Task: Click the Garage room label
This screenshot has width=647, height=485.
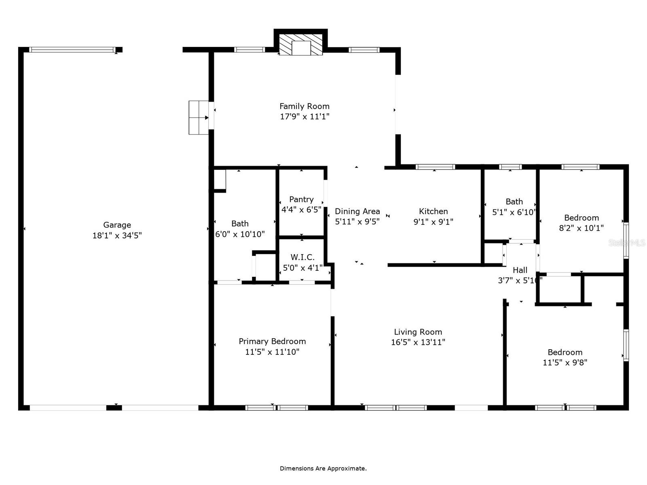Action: click(x=117, y=225)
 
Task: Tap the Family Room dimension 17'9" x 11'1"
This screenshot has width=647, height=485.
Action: click(x=304, y=117)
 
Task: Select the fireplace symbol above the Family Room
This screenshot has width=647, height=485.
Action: click(x=301, y=44)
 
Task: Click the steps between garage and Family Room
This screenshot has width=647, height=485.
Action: click(x=199, y=118)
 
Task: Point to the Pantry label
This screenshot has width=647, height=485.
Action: click(x=301, y=199)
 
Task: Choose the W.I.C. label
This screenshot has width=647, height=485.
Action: click(x=302, y=257)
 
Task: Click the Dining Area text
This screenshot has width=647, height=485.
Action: click(x=357, y=211)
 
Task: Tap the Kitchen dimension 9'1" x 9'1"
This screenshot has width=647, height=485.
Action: click(x=433, y=222)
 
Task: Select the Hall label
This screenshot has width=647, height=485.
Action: click(x=520, y=270)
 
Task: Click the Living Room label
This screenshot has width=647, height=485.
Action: click(x=418, y=332)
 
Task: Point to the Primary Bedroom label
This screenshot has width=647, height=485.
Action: click(x=272, y=341)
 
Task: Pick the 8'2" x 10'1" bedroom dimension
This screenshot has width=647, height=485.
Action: click(x=581, y=228)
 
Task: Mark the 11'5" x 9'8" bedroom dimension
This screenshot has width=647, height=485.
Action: click(x=565, y=363)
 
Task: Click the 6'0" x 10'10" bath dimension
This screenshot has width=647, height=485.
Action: click(x=240, y=234)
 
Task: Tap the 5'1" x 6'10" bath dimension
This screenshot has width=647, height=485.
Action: click(x=514, y=212)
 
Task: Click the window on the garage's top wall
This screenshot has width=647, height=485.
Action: click(x=72, y=50)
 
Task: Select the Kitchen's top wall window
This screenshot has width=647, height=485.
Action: click(x=435, y=167)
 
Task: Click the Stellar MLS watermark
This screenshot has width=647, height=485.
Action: click(x=627, y=243)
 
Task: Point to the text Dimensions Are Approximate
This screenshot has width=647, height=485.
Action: click(x=323, y=468)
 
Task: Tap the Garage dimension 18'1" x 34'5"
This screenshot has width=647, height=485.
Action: click(x=117, y=236)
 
